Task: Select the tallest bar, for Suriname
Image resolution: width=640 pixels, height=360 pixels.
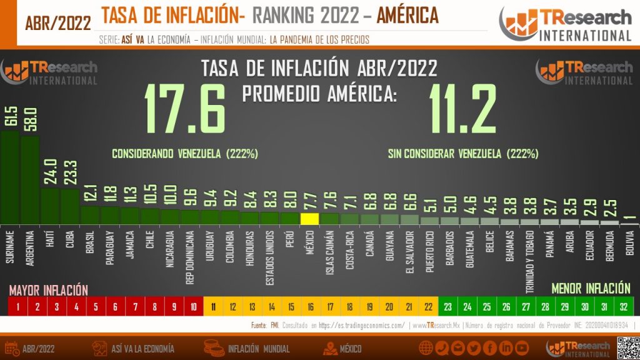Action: (10, 178)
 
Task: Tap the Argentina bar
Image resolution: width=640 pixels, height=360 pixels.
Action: (30, 181)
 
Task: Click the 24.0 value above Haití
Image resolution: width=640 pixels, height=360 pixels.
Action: (50, 172)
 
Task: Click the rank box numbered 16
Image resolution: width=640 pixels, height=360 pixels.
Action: (310, 307)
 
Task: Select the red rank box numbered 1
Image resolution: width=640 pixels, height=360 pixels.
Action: (18, 307)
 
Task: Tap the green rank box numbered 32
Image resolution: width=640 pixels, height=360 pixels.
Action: (623, 307)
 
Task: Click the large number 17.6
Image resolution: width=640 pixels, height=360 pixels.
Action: (185, 109)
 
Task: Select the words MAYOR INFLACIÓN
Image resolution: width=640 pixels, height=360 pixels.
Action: (48, 290)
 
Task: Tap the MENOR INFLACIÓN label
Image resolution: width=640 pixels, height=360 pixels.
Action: (591, 289)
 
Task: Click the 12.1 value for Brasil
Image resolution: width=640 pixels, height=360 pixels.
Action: (91, 195)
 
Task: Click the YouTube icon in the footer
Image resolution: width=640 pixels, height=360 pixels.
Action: (522, 348)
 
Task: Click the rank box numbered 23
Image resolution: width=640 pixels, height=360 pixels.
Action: (447, 307)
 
